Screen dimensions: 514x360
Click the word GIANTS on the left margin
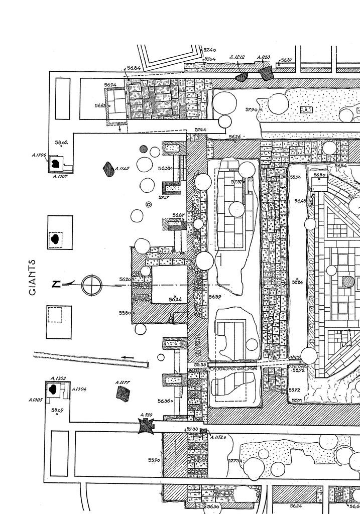[x=33, y=277]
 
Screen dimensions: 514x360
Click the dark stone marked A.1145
[x=107, y=168]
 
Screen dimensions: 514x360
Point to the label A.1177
[x=123, y=382]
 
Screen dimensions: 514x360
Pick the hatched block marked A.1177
[x=123, y=394]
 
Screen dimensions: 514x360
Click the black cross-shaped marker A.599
[x=147, y=426]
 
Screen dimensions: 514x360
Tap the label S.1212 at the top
[x=237, y=58]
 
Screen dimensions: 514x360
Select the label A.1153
[x=264, y=58]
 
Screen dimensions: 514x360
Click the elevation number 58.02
[x=61, y=143]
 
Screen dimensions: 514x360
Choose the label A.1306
[x=39, y=156]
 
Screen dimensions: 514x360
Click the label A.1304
[x=79, y=389]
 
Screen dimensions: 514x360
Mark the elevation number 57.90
[x=251, y=109]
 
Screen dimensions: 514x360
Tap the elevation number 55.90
[x=154, y=460]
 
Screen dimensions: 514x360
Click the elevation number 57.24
[x=298, y=283]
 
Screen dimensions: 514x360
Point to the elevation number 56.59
[x=215, y=297]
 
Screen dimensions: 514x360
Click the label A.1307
[x=61, y=176]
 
